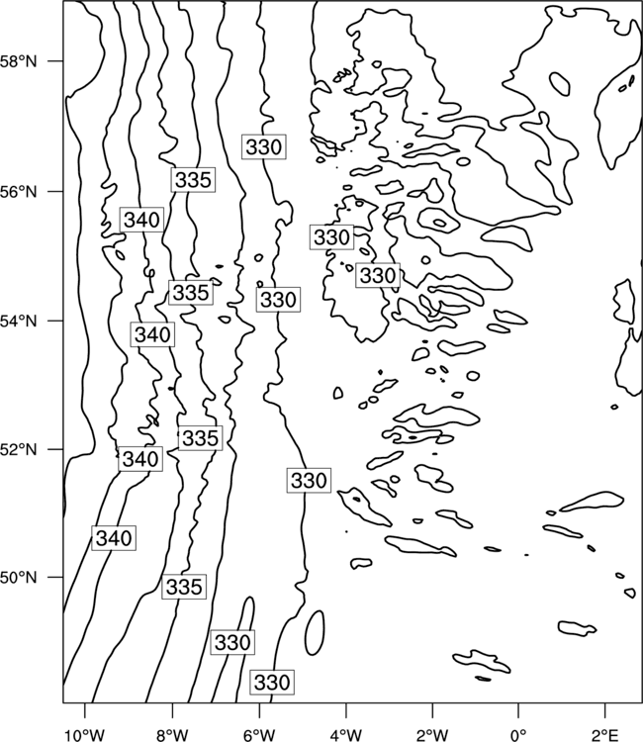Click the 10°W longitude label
[x=85, y=734]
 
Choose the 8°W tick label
[x=172, y=734]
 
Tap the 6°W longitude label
[x=259, y=734]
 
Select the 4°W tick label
[x=346, y=734]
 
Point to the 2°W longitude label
[x=432, y=734]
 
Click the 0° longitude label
[x=519, y=734]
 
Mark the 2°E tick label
[x=605, y=734]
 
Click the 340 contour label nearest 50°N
[x=114, y=538]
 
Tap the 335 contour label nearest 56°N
[x=193, y=180]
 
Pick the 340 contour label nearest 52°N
[x=140, y=458]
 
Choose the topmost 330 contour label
[x=264, y=146]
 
